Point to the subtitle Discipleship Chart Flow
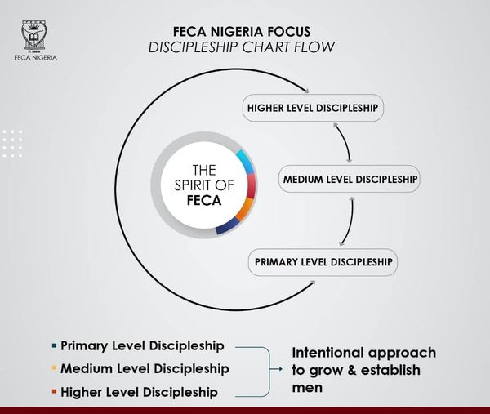tap(241, 46)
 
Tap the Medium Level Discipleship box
tap(349, 178)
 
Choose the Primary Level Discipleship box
tap(323, 262)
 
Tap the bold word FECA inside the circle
tap(204, 200)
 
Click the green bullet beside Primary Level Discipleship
tap(53, 346)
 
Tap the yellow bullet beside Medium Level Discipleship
tap(53, 369)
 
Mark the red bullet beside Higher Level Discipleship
tap(53, 392)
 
